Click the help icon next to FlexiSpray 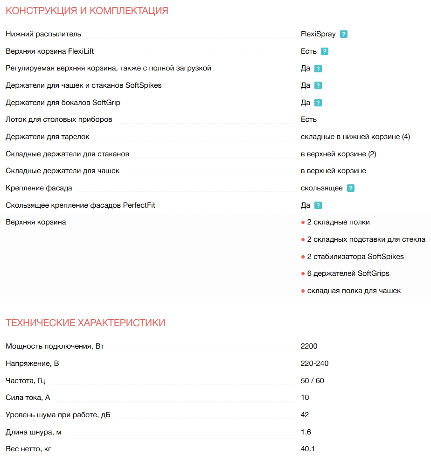click(344, 34)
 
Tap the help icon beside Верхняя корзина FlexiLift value click(325, 51)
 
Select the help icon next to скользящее click(351, 188)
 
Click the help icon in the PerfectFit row click(318, 205)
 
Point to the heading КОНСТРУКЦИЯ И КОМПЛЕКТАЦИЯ click(87, 11)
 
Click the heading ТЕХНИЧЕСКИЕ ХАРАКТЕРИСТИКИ click(85, 323)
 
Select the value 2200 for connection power click(309, 346)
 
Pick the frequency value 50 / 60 click(313, 381)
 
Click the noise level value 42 click(305, 415)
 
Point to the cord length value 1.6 click(306, 432)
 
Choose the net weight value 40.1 click(308, 449)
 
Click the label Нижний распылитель click(43, 34)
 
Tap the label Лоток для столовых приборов click(59, 119)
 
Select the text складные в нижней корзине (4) click(355, 137)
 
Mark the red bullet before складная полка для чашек click(303, 291)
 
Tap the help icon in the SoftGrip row click(318, 103)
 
